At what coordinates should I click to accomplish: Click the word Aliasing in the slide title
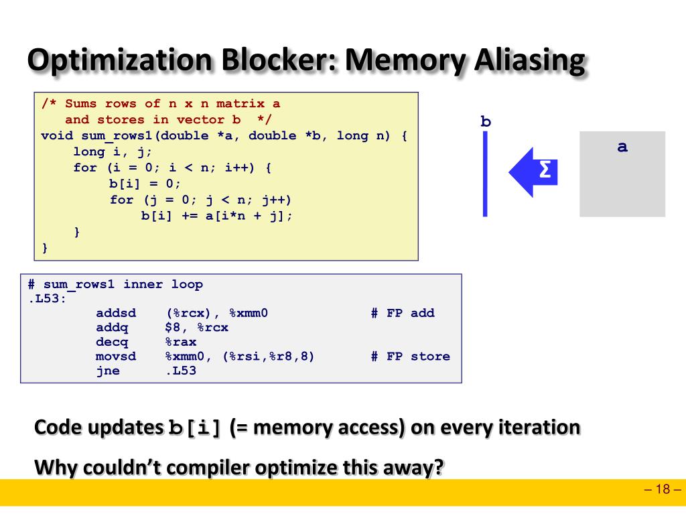coord(529,61)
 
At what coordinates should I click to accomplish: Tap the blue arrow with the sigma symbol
coord(533,172)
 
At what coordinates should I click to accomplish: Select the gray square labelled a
coord(622,174)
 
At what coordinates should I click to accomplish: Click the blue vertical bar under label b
coord(485,174)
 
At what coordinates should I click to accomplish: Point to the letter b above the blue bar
coord(486,122)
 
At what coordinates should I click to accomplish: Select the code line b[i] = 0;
coord(145,184)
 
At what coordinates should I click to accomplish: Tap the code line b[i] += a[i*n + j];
coord(217,216)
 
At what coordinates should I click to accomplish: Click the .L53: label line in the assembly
coord(48,299)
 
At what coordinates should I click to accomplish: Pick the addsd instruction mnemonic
coord(116,313)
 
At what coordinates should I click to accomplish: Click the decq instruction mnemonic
coord(112,342)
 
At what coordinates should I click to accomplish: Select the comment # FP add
coord(403,313)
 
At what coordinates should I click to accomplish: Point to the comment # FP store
coord(410,357)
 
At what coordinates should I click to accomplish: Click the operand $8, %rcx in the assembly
coord(197,328)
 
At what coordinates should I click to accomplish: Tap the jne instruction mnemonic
coord(108,371)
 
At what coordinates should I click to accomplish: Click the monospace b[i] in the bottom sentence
coord(194,428)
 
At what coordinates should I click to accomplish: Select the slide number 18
coord(663,489)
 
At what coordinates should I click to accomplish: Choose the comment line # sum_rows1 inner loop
coord(115,284)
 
